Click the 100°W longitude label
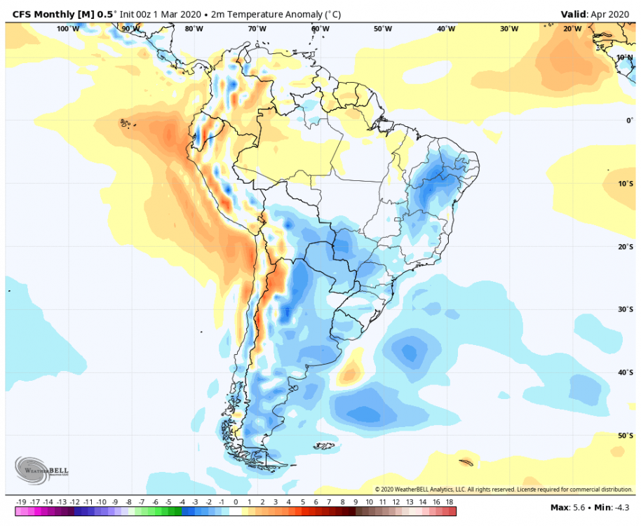pos(68,29)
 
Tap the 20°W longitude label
pos(572,29)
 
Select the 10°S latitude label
pos(625,183)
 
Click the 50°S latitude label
pos(625,436)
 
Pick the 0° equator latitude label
pos(629,120)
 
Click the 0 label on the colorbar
pos(236,502)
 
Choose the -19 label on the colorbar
pos(21,502)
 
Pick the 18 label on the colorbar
pos(449,502)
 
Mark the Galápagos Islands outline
pos(126,124)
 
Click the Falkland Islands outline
pos(324,445)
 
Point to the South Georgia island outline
pos(464,461)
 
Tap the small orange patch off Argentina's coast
pos(349,375)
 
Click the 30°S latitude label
pos(625,309)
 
